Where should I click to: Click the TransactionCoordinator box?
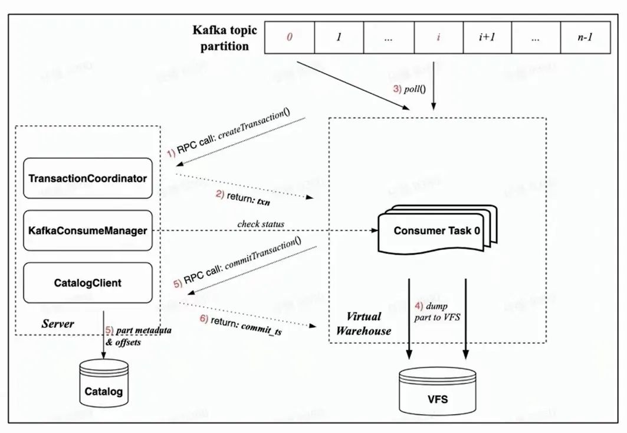(87, 178)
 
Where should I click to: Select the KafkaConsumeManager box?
(87, 230)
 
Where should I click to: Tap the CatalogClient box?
(87, 283)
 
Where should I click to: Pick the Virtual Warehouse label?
(363, 324)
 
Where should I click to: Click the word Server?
(58, 324)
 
